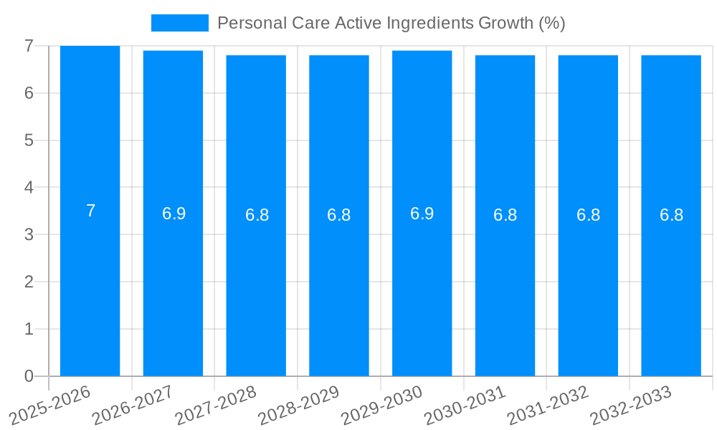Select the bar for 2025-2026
tap(90, 287)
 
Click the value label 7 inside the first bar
tap(90, 211)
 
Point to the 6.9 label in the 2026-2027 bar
tap(174, 213)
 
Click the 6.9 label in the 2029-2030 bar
tap(422, 213)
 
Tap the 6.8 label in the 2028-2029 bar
tap(338, 215)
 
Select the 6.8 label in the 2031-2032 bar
tap(588, 215)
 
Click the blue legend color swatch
tap(179, 23)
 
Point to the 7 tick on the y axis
tap(29, 46)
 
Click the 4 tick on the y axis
tap(29, 188)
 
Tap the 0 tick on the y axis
tap(29, 376)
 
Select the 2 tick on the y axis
tap(29, 282)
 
